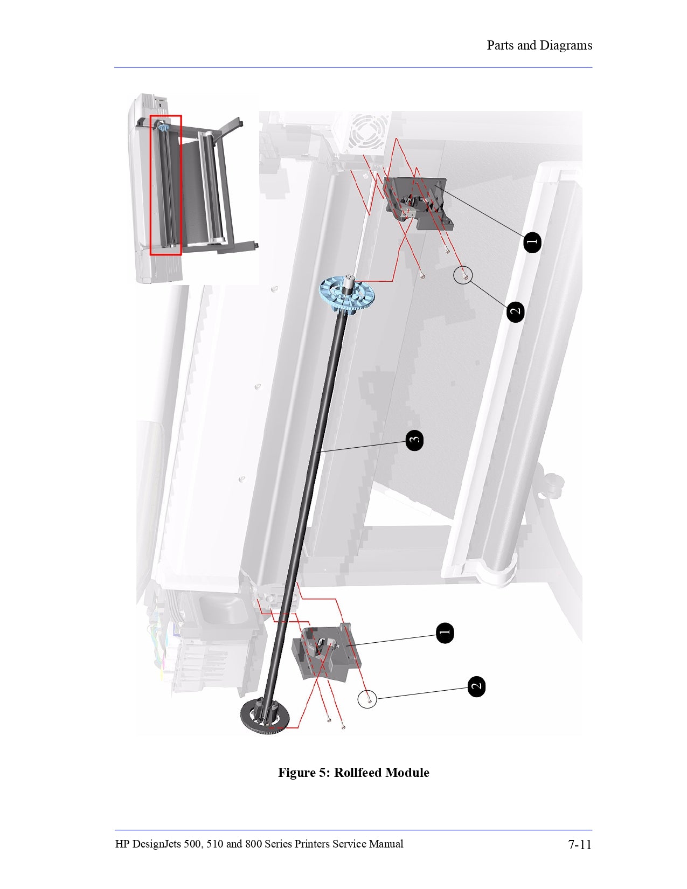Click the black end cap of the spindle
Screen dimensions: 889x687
[x=265, y=716]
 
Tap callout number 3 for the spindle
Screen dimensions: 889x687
[x=414, y=440]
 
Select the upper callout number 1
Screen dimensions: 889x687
[x=532, y=242]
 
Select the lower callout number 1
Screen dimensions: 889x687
[x=445, y=633]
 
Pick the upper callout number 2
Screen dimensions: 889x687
[x=516, y=311]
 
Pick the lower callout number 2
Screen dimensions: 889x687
[x=476, y=686]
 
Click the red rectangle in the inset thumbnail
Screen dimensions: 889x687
[x=165, y=185]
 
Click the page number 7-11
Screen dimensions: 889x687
[x=580, y=844]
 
